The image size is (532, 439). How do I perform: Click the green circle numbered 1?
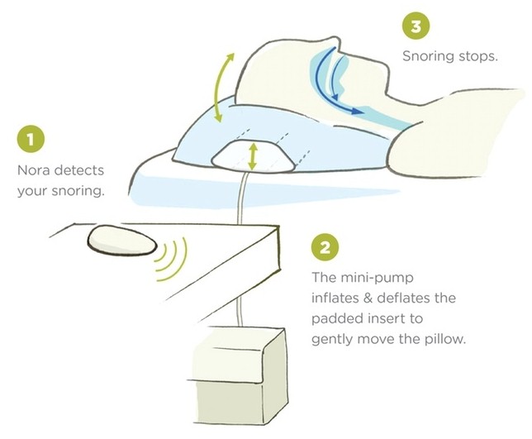pyautogui.click(x=31, y=139)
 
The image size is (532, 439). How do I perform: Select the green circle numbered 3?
pyautogui.click(x=416, y=26)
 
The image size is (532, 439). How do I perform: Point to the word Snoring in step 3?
pyautogui.click(x=428, y=56)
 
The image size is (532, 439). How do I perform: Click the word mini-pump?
pyautogui.click(x=377, y=278)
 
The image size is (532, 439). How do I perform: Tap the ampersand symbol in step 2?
pyautogui.click(x=370, y=298)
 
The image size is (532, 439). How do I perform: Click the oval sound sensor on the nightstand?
pyautogui.click(x=122, y=241)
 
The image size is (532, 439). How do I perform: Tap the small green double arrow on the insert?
pyautogui.click(x=252, y=156)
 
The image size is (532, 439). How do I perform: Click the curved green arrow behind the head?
pyautogui.click(x=223, y=88)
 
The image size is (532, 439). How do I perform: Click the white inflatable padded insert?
pyautogui.click(x=253, y=155)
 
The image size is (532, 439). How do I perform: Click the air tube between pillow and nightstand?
pyautogui.click(x=243, y=197)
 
